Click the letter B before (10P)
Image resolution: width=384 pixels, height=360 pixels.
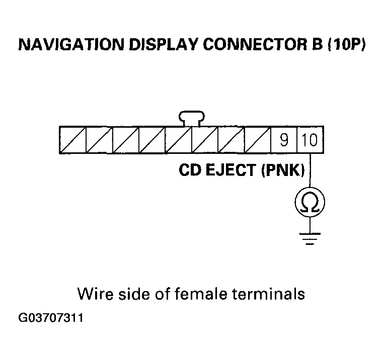pyautogui.click(x=312, y=45)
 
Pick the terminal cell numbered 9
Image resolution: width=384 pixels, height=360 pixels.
pyautogui.click(x=284, y=140)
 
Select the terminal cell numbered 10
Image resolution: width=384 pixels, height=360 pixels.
pyautogui.click(x=310, y=140)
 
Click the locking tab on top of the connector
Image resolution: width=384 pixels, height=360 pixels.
pyautogui.click(x=192, y=118)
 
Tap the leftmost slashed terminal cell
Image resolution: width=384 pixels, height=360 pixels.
pyautogui.click(x=73, y=140)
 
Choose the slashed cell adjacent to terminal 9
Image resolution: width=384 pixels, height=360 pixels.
pyautogui.click(x=258, y=140)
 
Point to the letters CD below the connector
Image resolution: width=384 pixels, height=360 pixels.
pyautogui.click(x=190, y=170)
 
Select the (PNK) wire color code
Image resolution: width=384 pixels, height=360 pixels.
pyautogui.click(x=282, y=170)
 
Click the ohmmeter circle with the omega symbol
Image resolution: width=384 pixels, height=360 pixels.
pyautogui.click(x=310, y=203)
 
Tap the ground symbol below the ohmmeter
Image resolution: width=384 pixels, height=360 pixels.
pyautogui.click(x=310, y=239)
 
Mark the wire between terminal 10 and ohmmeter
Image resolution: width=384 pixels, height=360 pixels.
pyautogui.click(x=310, y=173)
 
